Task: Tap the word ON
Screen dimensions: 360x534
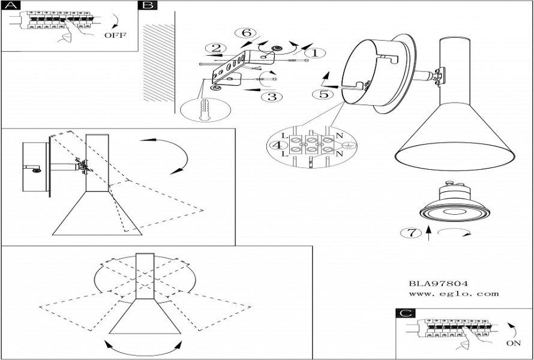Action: (514, 344)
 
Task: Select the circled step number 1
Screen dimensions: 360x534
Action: (317, 53)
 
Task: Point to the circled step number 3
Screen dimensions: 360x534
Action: (271, 97)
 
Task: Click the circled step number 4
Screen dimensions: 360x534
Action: (277, 145)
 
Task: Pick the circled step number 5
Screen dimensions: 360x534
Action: (323, 94)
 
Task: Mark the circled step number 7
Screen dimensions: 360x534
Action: (411, 233)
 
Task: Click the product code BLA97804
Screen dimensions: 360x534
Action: (438, 283)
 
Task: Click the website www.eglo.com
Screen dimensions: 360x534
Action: (454, 294)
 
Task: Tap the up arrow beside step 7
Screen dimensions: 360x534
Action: (428, 233)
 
